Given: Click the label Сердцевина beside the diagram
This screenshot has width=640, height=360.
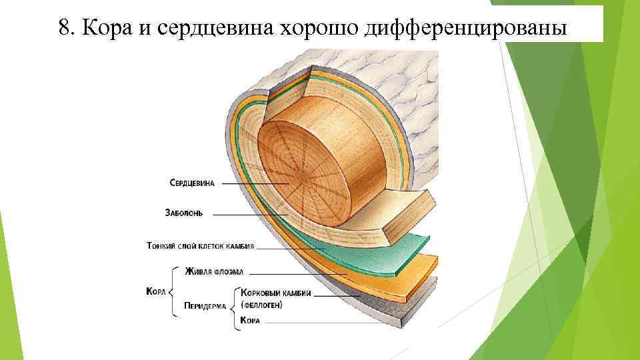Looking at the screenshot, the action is pos(192,183).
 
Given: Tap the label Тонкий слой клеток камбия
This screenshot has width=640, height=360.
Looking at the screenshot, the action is pos(200,245).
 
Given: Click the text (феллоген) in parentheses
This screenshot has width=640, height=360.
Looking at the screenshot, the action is pos(261,305).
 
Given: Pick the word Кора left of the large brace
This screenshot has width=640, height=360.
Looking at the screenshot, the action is pos(155,291).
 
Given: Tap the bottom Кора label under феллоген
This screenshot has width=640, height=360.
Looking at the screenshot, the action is pos(250,321).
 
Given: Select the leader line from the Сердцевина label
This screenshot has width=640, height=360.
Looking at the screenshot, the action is pos(253,184).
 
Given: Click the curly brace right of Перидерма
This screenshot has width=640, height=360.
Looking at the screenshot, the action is pos(235,306).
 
